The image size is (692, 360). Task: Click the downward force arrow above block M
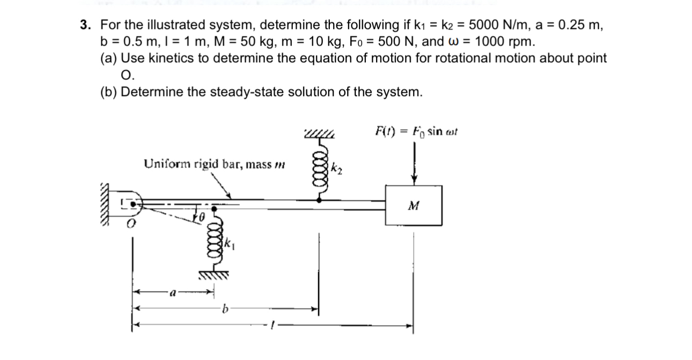[x=414, y=164]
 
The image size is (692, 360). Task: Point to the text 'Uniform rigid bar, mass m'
[x=214, y=164]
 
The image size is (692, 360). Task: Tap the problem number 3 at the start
[x=84, y=25]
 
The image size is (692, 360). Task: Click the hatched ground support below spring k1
[x=216, y=277]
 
